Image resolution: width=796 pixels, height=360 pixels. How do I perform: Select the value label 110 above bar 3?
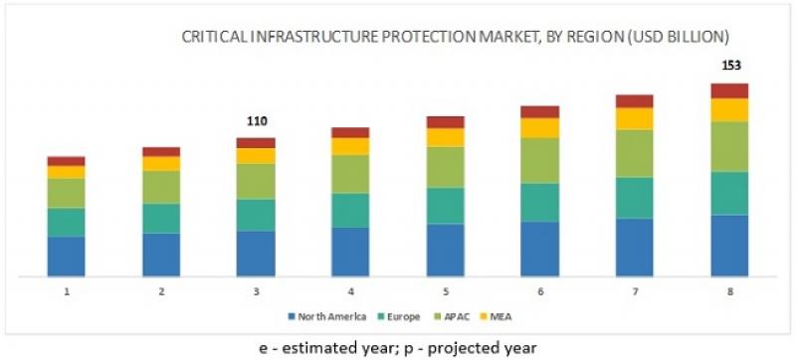pyautogui.click(x=257, y=121)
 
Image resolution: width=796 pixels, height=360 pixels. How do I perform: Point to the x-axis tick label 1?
pyautogui.click(x=67, y=291)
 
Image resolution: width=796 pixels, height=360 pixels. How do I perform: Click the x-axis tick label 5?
pyautogui.click(x=446, y=291)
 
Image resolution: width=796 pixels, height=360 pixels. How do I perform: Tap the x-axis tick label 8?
pyautogui.click(x=729, y=291)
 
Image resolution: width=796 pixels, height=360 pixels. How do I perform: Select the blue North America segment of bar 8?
pyautogui.click(x=729, y=245)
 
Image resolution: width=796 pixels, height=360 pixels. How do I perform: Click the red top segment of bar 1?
pyautogui.click(x=67, y=161)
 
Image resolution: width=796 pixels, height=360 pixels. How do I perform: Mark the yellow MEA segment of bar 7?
pyautogui.click(x=635, y=118)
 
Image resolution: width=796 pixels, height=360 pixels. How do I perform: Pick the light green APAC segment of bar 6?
pyautogui.click(x=540, y=160)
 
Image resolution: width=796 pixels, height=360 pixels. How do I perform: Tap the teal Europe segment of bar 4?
pyautogui.click(x=350, y=210)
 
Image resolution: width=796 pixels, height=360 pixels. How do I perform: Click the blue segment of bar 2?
pyautogui.click(x=161, y=255)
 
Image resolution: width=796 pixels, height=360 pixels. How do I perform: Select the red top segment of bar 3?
pyautogui.click(x=256, y=142)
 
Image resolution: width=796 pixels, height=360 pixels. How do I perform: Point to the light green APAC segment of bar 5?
pyautogui.click(x=446, y=167)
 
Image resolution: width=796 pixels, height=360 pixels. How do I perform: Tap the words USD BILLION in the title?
pyautogui.click(x=686, y=37)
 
